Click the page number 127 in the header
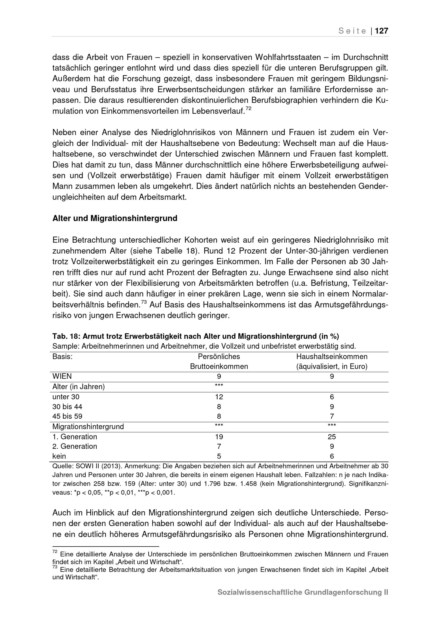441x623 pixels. coord(381,31)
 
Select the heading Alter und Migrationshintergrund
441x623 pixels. coord(115,218)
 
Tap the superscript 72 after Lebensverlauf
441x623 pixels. coord(248,109)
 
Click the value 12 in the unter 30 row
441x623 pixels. coord(219,397)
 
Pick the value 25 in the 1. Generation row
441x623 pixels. coord(332,437)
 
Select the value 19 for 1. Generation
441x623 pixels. coord(219,437)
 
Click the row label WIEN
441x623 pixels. coord(62,376)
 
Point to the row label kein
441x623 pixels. coord(59,456)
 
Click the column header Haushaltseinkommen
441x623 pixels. coord(332,356)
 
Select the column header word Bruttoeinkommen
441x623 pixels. coord(219,366)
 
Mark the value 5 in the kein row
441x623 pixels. coord(219,456)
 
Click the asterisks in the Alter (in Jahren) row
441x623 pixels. coord(219,385)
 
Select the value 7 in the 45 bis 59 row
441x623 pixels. coord(332,416)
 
